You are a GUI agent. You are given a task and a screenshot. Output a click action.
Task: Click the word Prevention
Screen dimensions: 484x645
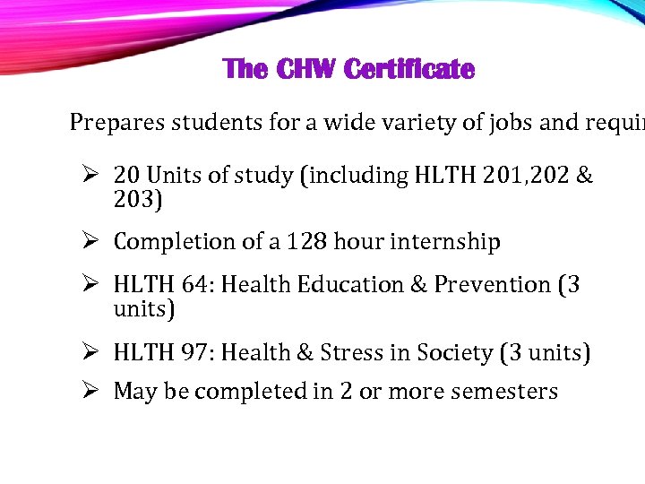(492, 285)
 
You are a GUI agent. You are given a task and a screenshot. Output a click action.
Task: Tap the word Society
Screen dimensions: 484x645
(451, 353)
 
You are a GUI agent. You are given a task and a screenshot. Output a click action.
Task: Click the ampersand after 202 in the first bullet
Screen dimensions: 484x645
(584, 175)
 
